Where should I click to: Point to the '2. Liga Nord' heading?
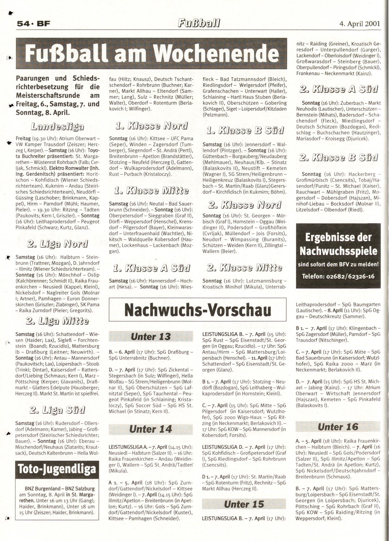point(57,244)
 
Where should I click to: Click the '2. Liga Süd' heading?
point(57,410)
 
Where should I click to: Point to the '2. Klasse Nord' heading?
point(245,205)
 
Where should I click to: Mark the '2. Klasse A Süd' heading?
point(339,89)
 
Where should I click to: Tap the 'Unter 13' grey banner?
point(151,336)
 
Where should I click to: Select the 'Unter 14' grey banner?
point(151,429)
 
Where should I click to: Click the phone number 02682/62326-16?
point(338,276)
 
